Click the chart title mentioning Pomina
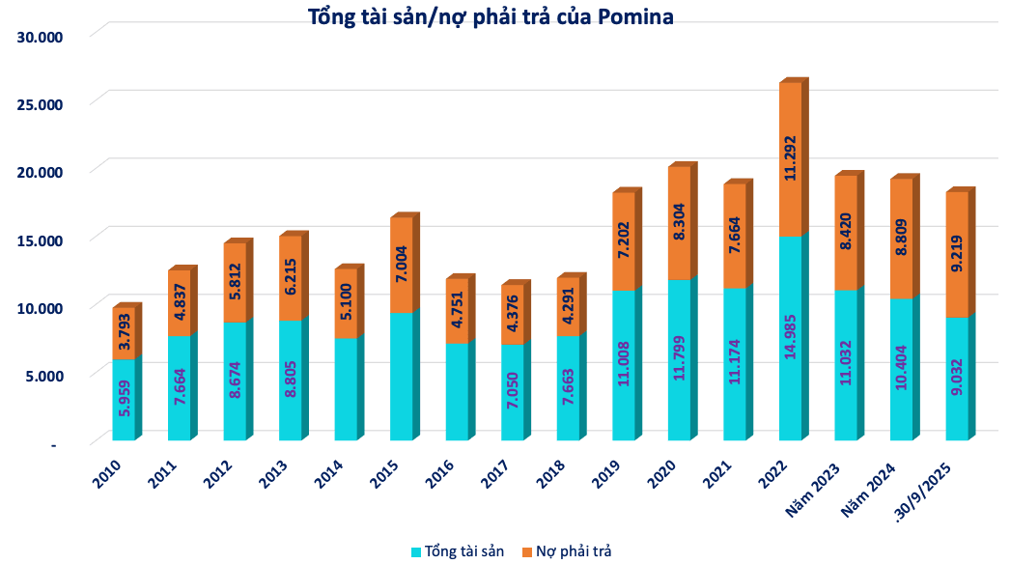point(491,16)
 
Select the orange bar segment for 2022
point(791,159)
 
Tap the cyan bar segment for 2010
point(124,400)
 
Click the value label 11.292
point(791,158)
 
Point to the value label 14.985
point(791,336)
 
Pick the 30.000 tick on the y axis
point(40,37)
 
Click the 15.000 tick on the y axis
point(40,240)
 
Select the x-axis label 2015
point(384,474)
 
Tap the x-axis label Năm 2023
point(812,490)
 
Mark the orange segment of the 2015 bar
point(402,265)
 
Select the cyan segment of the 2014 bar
point(346,389)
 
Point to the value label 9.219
point(957,254)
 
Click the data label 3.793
point(124,332)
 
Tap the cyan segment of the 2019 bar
point(624,365)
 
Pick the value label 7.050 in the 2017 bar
point(513,390)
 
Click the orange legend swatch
point(527,552)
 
